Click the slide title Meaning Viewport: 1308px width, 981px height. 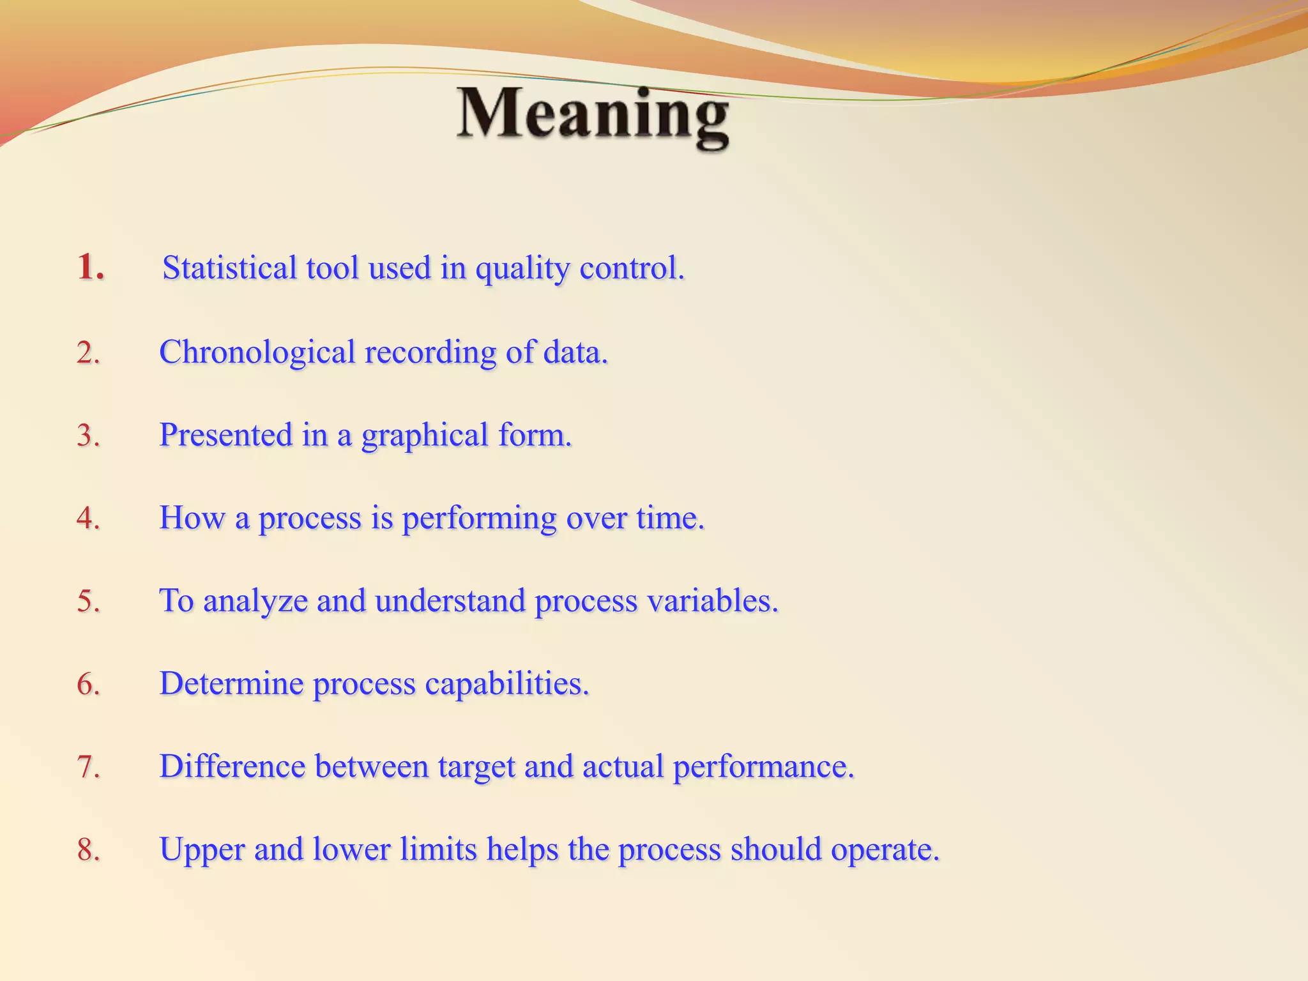(593, 115)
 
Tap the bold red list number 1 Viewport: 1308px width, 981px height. (90, 267)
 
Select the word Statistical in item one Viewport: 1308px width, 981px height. (229, 268)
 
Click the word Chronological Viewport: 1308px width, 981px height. (257, 352)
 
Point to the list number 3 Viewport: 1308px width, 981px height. (88, 436)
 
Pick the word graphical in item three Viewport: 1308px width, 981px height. (425, 436)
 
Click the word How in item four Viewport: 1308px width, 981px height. (191, 517)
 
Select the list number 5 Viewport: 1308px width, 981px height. (88, 601)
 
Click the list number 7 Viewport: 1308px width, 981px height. (88, 766)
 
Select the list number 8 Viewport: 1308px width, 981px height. (88, 850)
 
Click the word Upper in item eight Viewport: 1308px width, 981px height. (202, 850)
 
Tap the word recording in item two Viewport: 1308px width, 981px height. (430, 353)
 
